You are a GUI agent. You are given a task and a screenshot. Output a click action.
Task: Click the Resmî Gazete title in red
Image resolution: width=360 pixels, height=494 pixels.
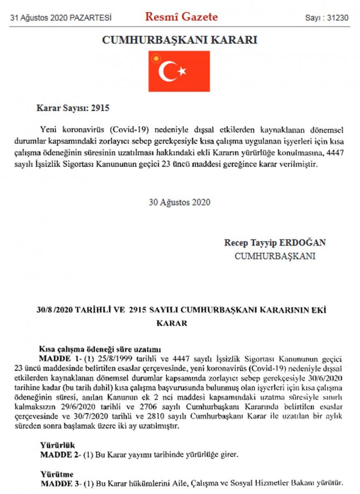181,17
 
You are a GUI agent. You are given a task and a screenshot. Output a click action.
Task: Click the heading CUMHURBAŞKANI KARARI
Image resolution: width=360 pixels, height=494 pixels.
179,40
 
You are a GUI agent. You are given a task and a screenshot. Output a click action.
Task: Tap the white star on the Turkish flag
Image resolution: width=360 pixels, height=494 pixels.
182,70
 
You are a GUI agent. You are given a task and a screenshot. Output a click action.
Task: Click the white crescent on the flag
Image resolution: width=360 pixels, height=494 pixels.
169,71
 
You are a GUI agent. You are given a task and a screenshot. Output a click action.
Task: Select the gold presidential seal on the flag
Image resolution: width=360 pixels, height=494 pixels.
156,57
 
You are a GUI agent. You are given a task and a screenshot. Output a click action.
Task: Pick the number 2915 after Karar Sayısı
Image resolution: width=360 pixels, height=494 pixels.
99,108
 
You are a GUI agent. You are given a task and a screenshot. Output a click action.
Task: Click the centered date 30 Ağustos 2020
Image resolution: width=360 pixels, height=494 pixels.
179,202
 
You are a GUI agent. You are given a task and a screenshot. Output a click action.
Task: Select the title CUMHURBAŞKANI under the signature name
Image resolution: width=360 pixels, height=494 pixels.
275,256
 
